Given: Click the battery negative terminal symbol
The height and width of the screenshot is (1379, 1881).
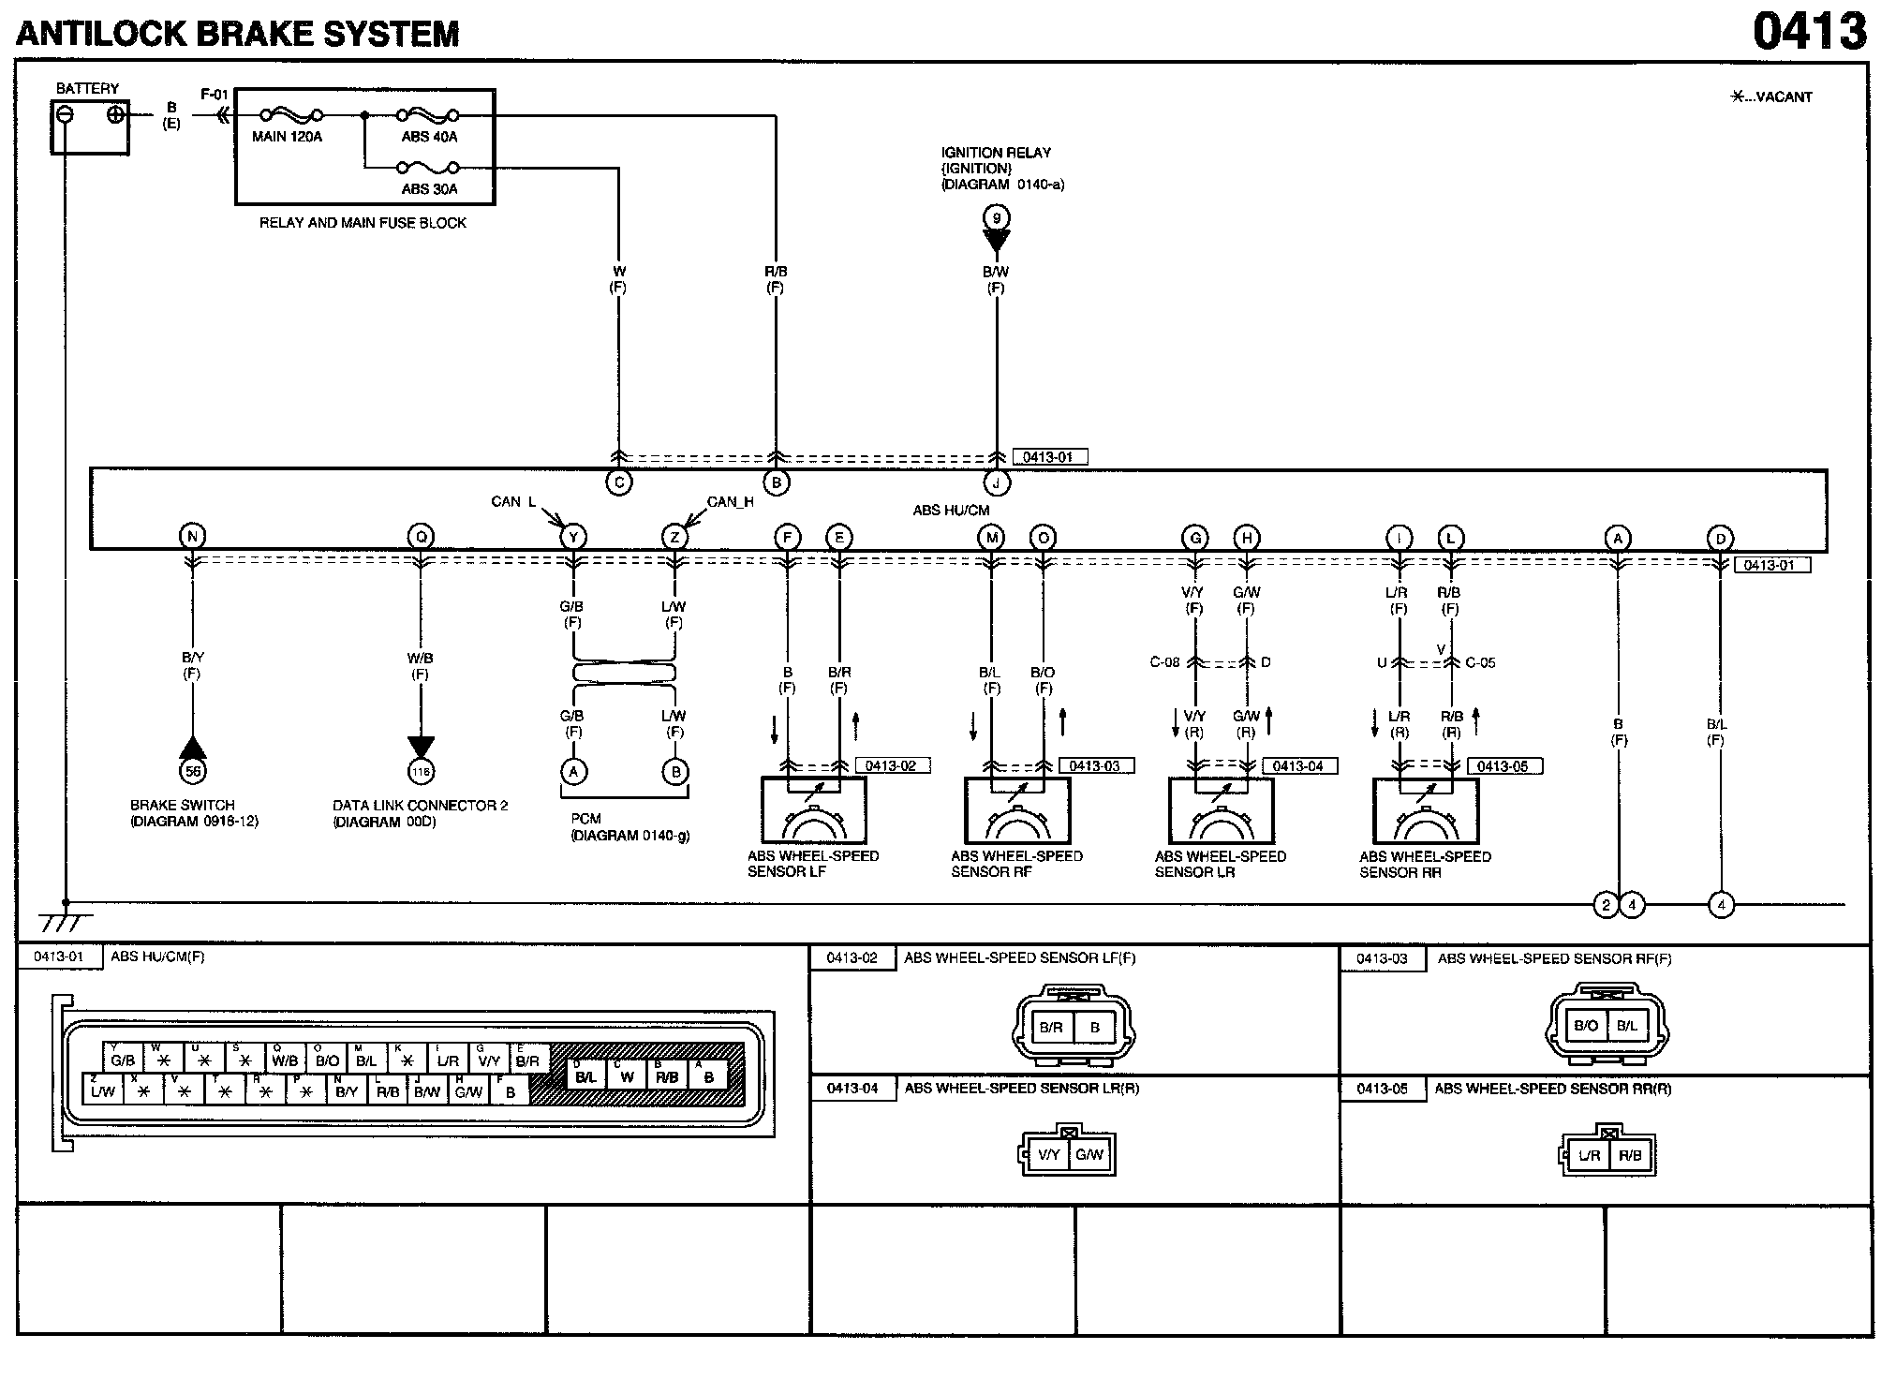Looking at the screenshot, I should click(66, 114).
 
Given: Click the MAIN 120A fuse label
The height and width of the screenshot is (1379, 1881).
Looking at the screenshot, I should click(287, 137).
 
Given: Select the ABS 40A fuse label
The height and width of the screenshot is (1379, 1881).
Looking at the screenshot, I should click(429, 137).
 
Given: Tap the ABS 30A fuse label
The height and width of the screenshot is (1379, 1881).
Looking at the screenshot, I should click(429, 188).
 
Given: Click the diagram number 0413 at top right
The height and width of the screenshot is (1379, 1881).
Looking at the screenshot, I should click(1809, 32).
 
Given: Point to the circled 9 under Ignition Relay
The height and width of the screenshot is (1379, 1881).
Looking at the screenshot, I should click(996, 218).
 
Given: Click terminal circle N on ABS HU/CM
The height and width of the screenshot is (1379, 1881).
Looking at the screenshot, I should click(192, 537).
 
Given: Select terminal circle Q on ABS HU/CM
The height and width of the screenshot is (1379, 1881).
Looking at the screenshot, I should click(421, 537).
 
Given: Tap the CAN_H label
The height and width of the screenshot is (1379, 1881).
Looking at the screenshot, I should click(730, 502).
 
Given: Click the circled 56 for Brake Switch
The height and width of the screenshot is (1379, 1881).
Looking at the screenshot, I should click(192, 771).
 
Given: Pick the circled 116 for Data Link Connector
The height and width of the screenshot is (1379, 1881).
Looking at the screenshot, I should click(421, 772).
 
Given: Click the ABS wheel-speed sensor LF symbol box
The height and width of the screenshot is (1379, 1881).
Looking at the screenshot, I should click(813, 810).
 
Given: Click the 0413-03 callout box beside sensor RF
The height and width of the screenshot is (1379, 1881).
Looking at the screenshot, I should click(1095, 765).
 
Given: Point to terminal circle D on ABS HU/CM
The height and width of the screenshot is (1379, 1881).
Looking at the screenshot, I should click(1720, 539).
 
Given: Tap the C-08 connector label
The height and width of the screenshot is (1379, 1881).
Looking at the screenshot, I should click(1164, 662).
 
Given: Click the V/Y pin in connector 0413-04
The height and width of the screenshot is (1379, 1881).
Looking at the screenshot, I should click(1049, 1154).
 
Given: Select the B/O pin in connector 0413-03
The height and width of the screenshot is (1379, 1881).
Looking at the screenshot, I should click(1586, 1026).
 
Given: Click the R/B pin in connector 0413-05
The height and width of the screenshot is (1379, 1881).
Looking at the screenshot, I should click(1630, 1155).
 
